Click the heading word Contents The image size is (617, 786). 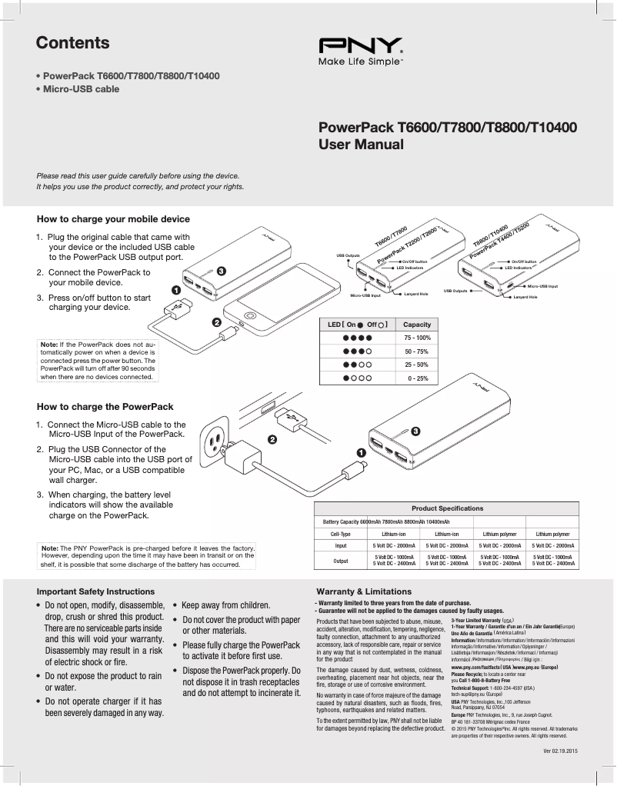(73, 43)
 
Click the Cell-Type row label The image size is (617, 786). (340, 533)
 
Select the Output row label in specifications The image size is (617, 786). (340, 561)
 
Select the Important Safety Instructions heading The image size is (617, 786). (96, 591)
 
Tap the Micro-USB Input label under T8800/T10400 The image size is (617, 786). (542, 286)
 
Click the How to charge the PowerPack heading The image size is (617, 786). (105, 406)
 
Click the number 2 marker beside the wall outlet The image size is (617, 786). (272, 439)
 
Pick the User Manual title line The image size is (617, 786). (357, 144)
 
